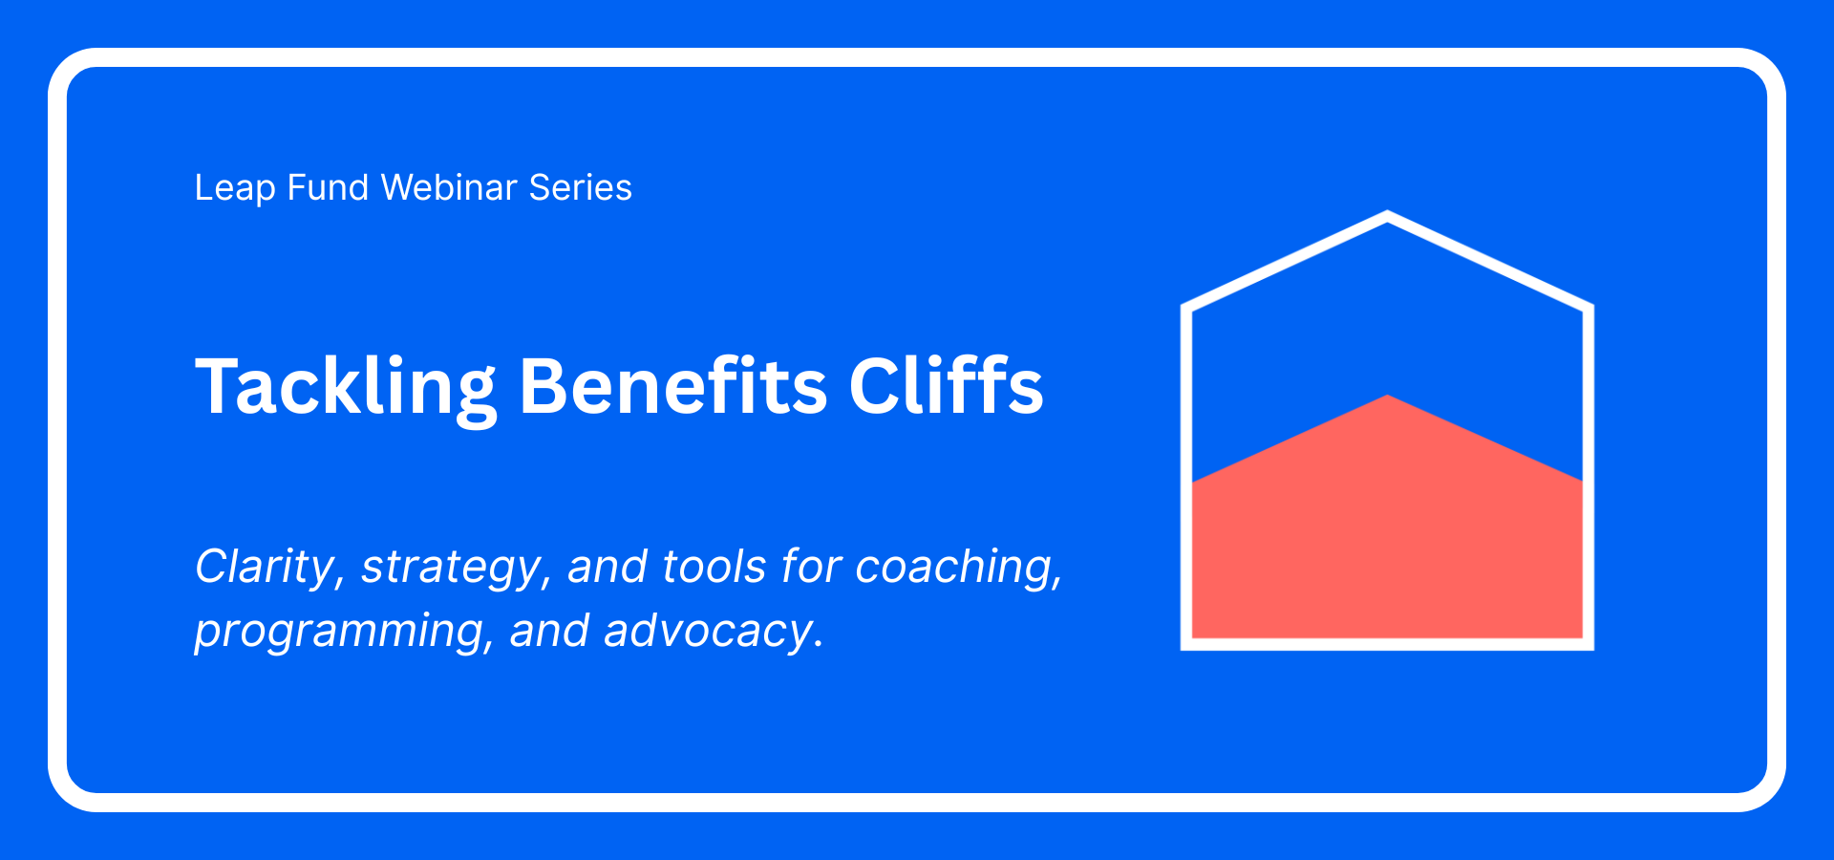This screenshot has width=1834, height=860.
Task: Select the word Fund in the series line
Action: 328,188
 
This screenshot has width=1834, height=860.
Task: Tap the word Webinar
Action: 449,188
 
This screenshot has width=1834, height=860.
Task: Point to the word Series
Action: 580,188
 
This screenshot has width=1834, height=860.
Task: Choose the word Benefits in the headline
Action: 672,387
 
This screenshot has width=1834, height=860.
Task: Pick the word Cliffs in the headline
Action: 946,387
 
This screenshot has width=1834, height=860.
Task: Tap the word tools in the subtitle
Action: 714,567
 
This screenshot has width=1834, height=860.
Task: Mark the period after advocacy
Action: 819,645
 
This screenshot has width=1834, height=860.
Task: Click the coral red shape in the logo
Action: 1387,545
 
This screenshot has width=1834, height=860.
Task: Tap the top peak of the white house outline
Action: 1387,216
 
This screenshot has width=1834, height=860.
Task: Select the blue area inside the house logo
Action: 1387,315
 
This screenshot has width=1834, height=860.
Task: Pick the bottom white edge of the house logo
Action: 1387,644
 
